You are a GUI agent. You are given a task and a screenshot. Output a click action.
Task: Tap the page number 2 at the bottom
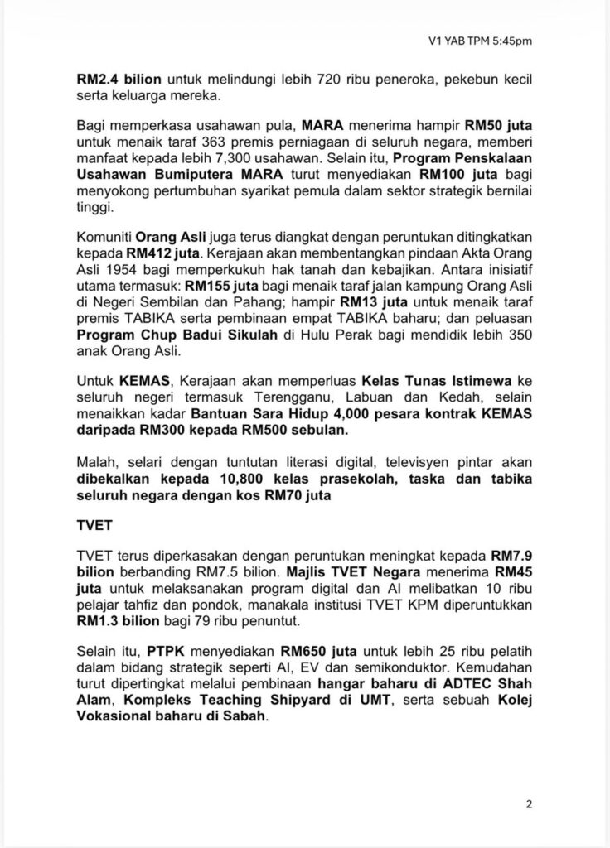pos(529,802)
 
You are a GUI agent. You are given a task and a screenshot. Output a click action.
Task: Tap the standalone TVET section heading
pos(92,531)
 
